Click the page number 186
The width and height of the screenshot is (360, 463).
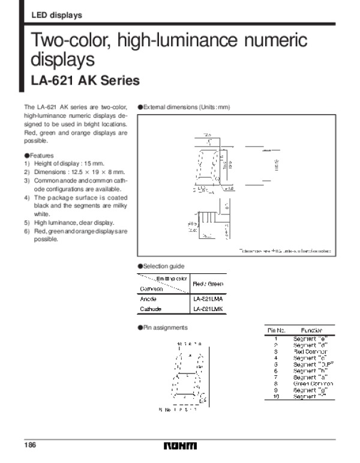pos(30,445)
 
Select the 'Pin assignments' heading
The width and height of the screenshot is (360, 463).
pos(163,327)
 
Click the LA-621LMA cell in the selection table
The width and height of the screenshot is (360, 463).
pos(206,298)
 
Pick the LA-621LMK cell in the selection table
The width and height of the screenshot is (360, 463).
pos(206,309)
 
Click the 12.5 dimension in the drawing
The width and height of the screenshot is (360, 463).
pos(206,135)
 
